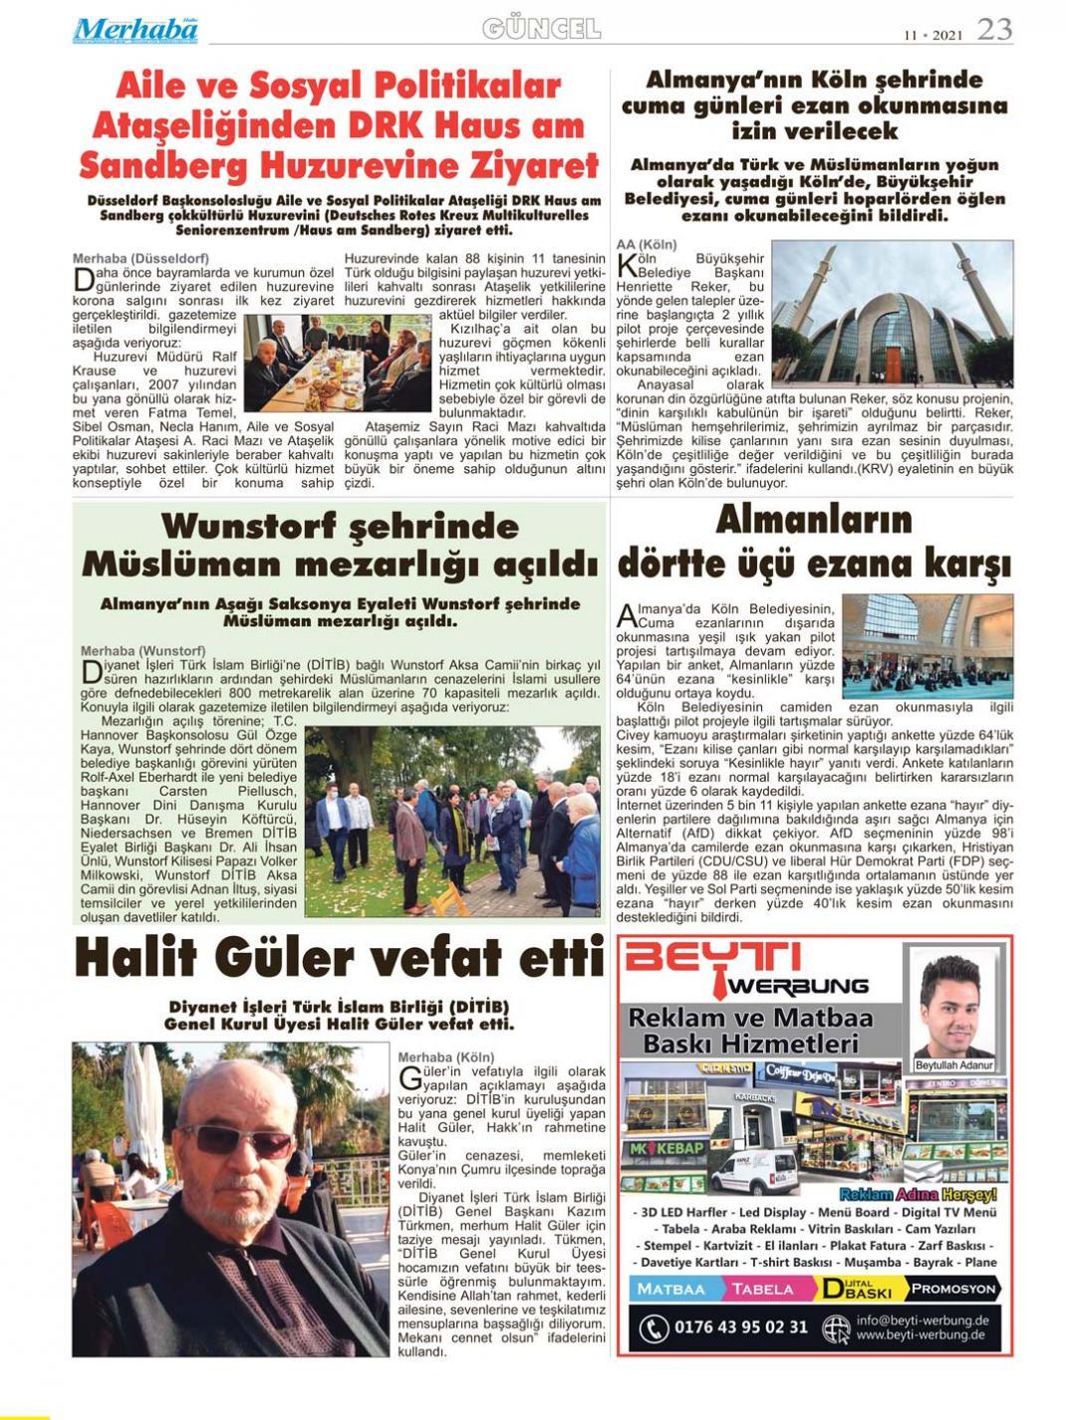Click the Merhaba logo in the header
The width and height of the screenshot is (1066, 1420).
coord(134,30)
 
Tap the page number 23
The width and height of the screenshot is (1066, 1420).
coord(993,30)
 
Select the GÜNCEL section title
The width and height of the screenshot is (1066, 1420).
coord(541,29)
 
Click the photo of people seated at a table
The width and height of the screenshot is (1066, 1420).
coord(337,361)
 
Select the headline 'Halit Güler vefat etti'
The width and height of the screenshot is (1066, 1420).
coord(339,958)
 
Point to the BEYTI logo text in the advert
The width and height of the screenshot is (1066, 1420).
coord(712,957)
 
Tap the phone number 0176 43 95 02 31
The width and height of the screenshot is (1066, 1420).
coord(740,1326)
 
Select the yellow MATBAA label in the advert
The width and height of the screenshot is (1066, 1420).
coord(670,1289)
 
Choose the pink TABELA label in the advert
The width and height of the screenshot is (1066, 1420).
coord(763,1289)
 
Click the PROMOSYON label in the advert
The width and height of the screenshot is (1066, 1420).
coord(952,1289)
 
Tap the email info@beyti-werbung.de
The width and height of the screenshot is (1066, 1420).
coord(922,1319)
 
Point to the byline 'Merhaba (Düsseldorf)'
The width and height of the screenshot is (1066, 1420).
coord(140,258)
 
